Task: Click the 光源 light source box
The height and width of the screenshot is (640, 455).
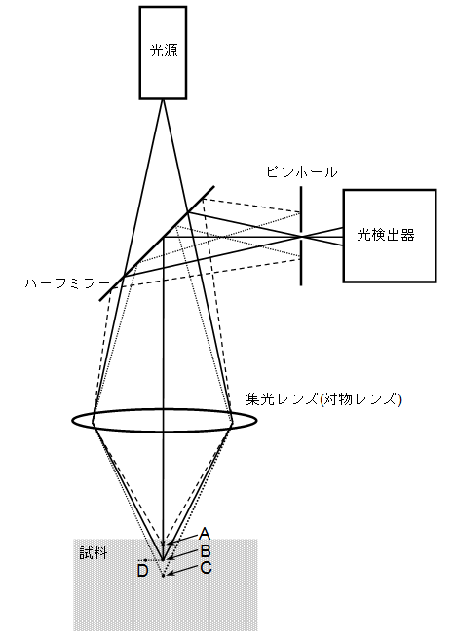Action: click(164, 53)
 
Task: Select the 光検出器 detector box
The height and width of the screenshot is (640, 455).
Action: click(390, 236)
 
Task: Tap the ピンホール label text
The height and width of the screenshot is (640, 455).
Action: click(302, 171)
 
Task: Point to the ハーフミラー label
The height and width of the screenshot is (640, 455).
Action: click(67, 283)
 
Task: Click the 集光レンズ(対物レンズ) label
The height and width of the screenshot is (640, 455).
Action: click(324, 398)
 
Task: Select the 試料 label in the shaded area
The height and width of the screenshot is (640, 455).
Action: click(94, 553)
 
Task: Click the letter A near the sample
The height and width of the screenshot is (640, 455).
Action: click(205, 534)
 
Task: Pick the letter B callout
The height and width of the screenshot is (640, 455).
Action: click(206, 551)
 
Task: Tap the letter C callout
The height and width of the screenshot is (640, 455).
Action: click(206, 568)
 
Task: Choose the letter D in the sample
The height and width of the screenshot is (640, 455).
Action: click(142, 571)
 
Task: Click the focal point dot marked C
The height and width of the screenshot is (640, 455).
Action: click(164, 576)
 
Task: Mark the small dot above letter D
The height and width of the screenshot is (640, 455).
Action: click(139, 560)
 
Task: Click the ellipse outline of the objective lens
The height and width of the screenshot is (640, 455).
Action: click(73, 421)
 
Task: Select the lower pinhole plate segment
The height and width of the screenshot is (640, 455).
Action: click(301, 262)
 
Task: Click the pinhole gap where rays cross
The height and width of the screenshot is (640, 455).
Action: click(301, 237)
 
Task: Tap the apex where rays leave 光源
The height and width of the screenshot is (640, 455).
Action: click(164, 99)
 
